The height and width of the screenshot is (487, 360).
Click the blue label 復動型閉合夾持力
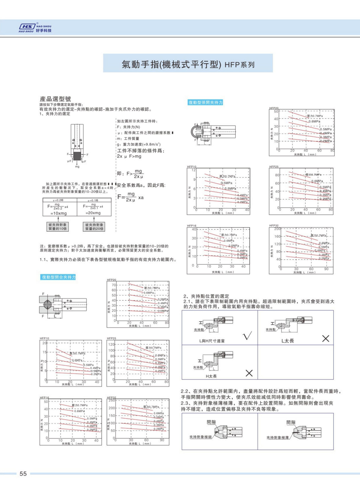pyautogui.click(x=58, y=278)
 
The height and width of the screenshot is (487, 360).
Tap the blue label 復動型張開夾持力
pyautogui.click(x=205, y=103)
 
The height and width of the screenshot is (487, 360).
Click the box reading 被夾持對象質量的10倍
pyautogui.click(x=58, y=226)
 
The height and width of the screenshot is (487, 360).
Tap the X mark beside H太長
pyautogui.click(x=249, y=373)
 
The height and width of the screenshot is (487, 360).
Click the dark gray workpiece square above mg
pyautogui.click(x=77, y=156)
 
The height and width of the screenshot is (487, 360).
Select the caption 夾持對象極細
pyautogui.click(x=201, y=437)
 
